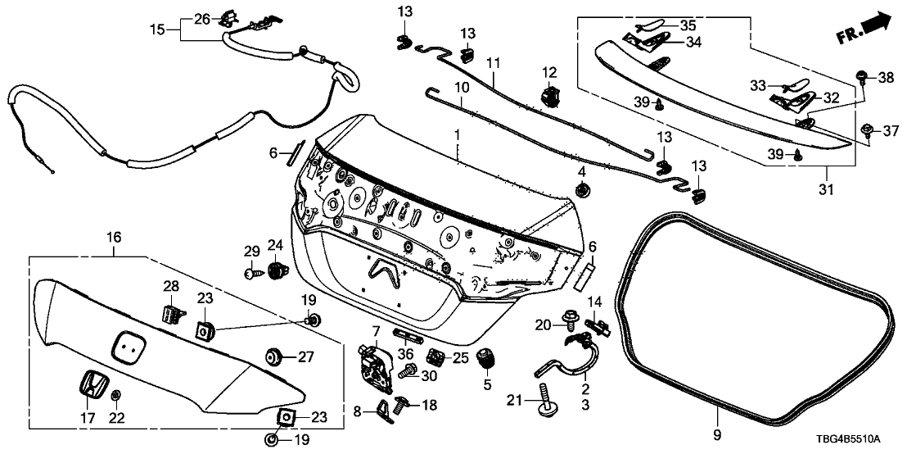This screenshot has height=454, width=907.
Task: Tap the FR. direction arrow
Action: [864, 30]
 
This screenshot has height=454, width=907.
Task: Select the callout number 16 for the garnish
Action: [114, 238]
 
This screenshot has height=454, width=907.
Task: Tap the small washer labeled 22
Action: [115, 396]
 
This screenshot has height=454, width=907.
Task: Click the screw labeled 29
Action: [250, 273]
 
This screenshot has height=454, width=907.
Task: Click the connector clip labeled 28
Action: [169, 312]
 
